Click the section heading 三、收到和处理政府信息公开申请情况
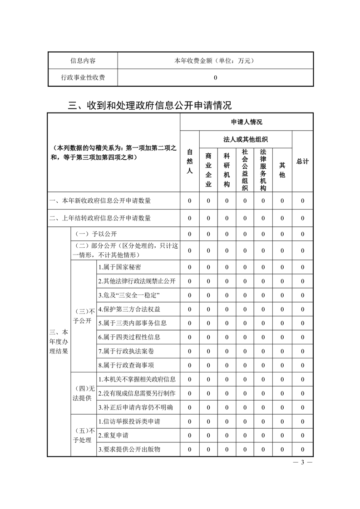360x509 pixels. pos(150,105)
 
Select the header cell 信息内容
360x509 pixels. pos(83,61)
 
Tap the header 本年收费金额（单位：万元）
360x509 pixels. pos(216,61)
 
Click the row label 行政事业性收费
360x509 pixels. pos(83,78)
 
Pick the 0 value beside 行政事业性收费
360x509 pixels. pos(216,78)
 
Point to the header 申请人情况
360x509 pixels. pos(247,122)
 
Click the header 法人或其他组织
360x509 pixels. pos(246,139)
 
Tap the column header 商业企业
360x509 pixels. pos(208,169)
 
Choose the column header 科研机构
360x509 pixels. pos(227,169)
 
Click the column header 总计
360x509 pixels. pos(302,162)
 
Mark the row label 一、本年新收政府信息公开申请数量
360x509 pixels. pos(100,201)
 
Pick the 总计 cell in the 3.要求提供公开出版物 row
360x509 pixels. pos(302,450)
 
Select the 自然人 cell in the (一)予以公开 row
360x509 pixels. pos(190,234)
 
